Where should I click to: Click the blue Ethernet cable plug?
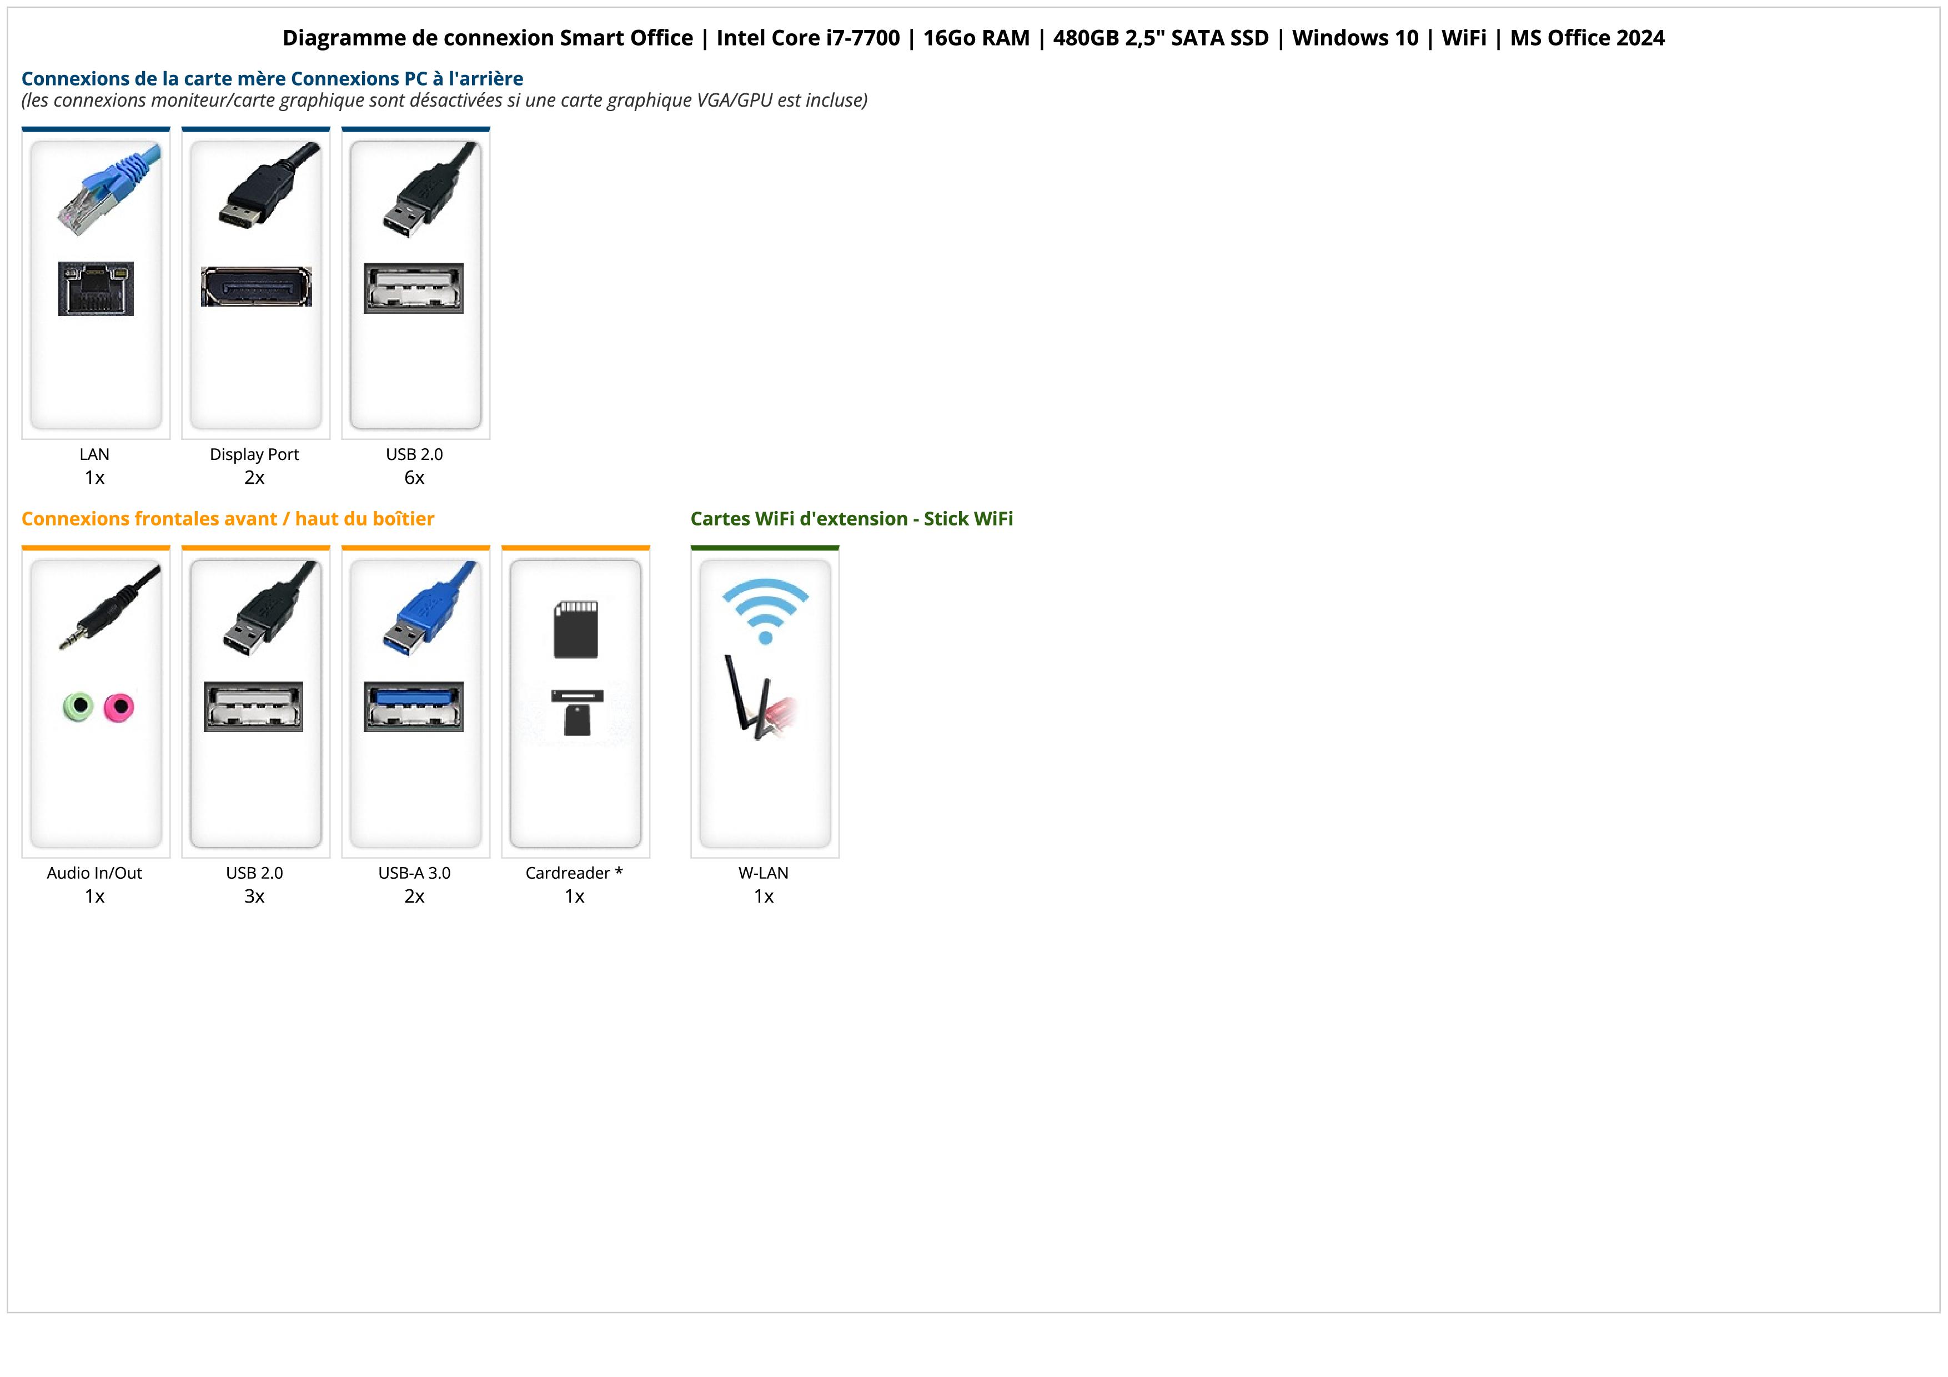pyautogui.click(x=109, y=188)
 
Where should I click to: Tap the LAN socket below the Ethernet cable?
pyautogui.click(x=96, y=288)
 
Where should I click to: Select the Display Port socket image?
pyautogui.click(x=256, y=287)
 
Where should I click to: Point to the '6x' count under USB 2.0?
pyautogui.click(x=414, y=478)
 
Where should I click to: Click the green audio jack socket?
pyautogui.click(x=78, y=706)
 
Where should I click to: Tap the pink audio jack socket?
pyautogui.click(x=119, y=707)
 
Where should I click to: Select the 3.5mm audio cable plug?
pyautogui.click(x=109, y=608)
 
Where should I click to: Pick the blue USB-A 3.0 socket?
pyautogui.click(x=414, y=706)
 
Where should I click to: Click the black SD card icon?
pyautogui.click(x=575, y=629)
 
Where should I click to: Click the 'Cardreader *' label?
pyautogui.click(x=574, y=873)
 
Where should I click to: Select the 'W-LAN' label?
pyautogui.click(x=764, y=873)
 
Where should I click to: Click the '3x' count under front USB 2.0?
pyautogui.click(x=254, y=897)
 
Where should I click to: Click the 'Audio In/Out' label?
pyautogui.click(x=94, y=873)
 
